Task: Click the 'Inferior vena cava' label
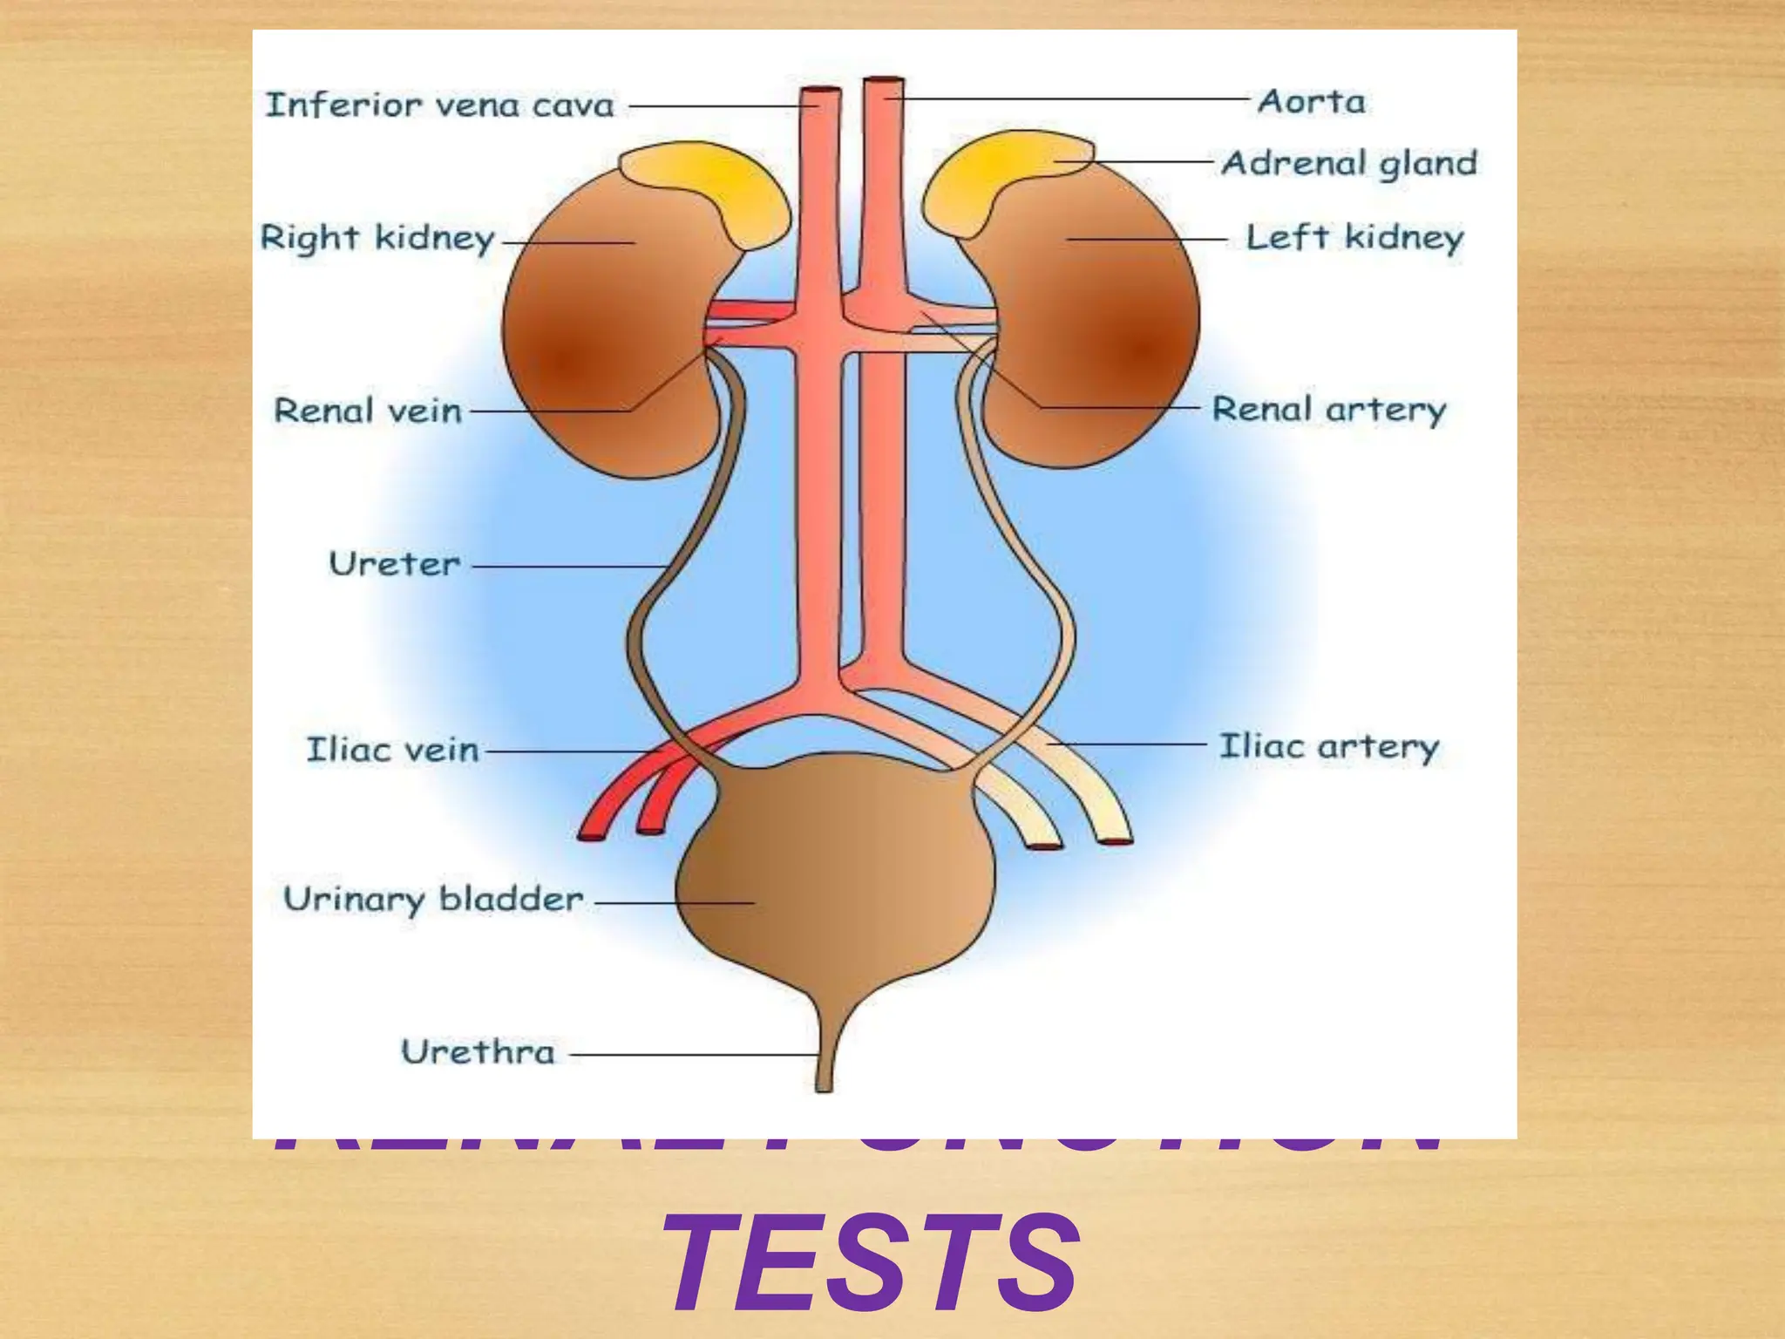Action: (x=439, y=105)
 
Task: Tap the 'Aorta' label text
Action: (x=1311, y=102)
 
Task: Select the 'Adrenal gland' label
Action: (x=1349, y=163)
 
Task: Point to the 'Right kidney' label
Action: (x=377, y=238)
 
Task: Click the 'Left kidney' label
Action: (x=1354, y=237)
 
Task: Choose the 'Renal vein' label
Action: (x=367, y=411)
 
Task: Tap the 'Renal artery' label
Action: (x=1328, y=409)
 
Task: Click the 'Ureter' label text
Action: (x=394, y=564)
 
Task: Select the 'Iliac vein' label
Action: (x=392, y=750)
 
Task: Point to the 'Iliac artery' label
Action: (x=1328, y=747)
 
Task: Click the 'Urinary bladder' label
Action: (x=433, y=899)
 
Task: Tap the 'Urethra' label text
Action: (x=478, y=1052)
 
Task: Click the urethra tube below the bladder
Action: (x=824, y=1064)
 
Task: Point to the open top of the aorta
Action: (x=883, y=83)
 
